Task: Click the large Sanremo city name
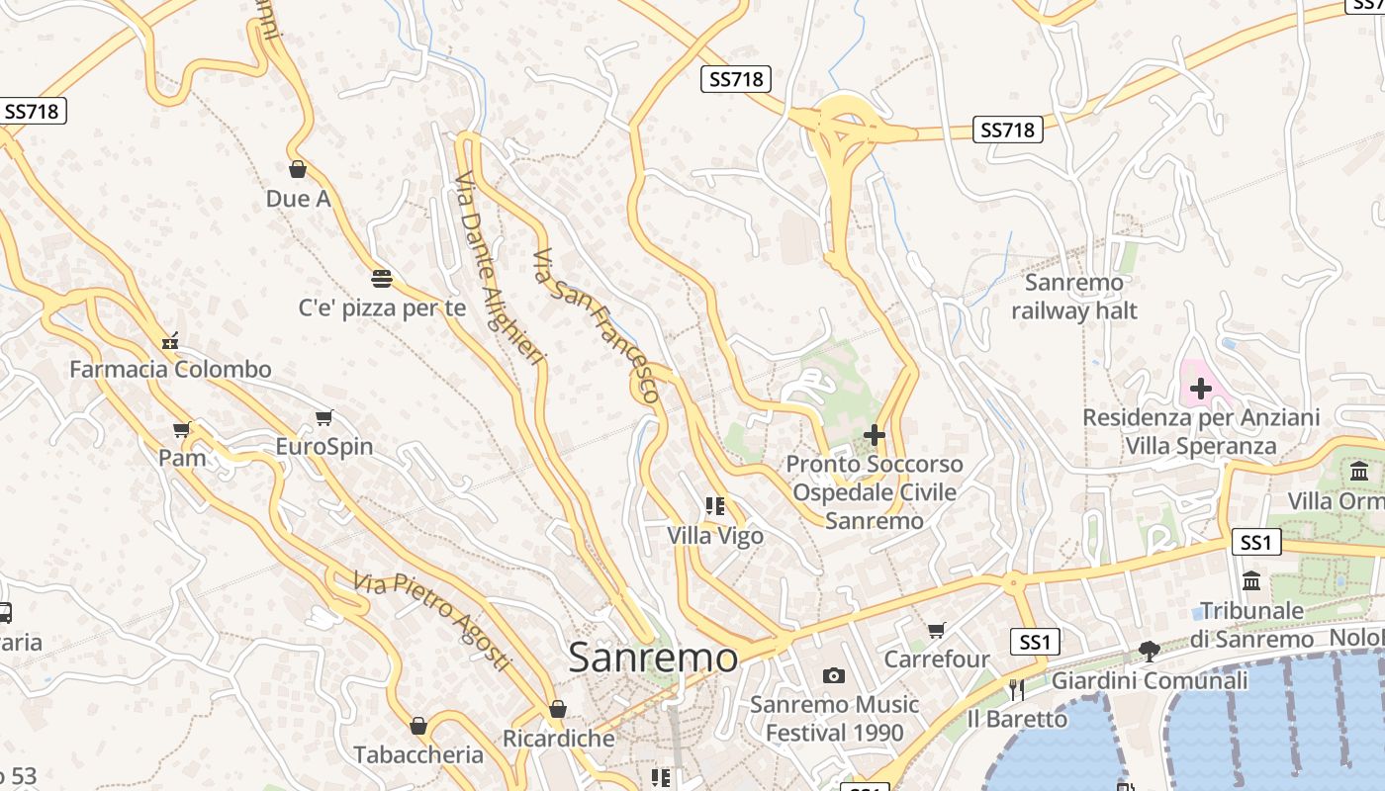pyautogui.click(x=653, y=658)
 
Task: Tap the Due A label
pyautogui.click(x=298, y=199)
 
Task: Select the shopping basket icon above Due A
pyautogui.click(x=298, y=169)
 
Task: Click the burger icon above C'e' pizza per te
pyautogui.click(x=382, y=278)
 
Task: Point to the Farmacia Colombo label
pyautogui.click(x=170, y=370)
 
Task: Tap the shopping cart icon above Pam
pyautogui.click(x=181, y=429)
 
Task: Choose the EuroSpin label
pyautogui.click(x=324, y=446)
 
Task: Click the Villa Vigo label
pyautogui.click(x=715, y=536)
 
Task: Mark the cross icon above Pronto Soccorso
pyautogui.click(x=875, y=434)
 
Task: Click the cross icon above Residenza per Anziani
pyautogui.click(x=1201, y=389)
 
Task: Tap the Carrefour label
pyautogui.click(x=937, y=659)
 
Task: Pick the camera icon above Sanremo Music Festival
pyautogui.click(x=834, y=676)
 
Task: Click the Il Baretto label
pyautogui.click(x=1017, y=719)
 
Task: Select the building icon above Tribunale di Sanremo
pyautogui.click(x=1251, y=580)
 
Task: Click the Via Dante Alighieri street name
pyautogui.click(x=500, y=268)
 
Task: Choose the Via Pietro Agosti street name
pyautogui.click(x=433, y=620)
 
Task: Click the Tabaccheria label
pyautogui.click(x=418, y=754)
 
